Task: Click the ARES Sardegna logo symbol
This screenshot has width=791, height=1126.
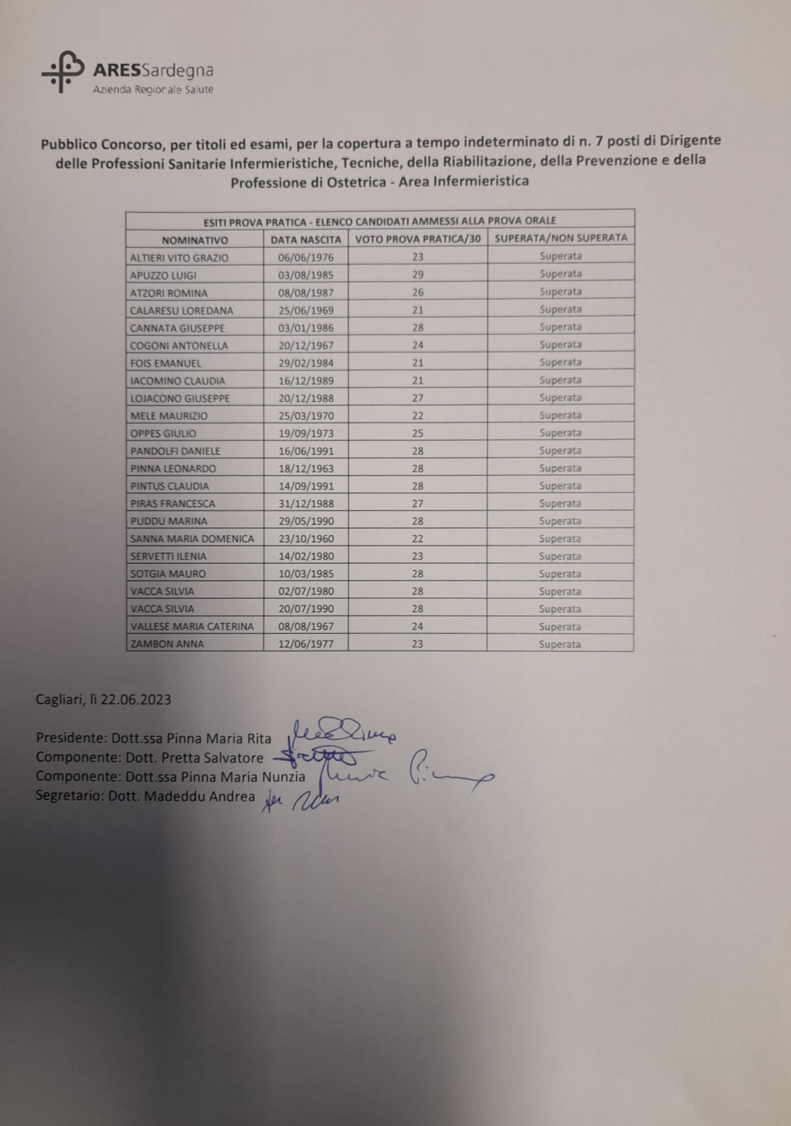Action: coord(63,71)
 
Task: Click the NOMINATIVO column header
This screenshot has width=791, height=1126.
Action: coord(194,240)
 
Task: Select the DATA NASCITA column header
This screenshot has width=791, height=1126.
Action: coord(305,239)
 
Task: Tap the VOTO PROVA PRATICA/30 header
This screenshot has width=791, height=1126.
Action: coord(418,239)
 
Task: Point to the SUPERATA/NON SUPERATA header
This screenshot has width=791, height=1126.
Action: coord(561,238)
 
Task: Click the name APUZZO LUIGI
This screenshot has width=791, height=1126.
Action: coord(163,275)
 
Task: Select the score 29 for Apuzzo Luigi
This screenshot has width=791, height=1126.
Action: coord(418,274)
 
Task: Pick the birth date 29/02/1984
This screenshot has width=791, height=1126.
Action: coord(305,363)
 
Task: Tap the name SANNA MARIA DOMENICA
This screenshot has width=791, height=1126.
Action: coord(192,539)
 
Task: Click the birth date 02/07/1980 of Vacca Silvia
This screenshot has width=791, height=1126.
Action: coord(305,591)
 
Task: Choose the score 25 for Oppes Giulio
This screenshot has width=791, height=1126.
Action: coord(418,433)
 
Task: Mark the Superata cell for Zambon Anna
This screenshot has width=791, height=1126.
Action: coord(560,644)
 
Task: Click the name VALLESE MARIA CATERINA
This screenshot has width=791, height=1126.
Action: coord(192,627)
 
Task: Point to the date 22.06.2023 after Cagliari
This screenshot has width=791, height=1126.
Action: coord(136,700)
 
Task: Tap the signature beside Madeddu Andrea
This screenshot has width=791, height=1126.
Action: coord(301,800)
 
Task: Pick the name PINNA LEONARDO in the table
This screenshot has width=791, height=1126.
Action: coord(173,468)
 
